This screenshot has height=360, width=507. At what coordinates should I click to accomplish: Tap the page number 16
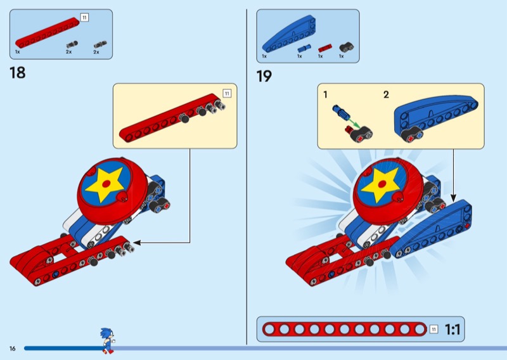pos(12,349)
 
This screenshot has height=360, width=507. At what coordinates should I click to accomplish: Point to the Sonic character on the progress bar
pos(106,340)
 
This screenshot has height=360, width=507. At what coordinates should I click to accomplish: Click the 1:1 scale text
pos(452,330)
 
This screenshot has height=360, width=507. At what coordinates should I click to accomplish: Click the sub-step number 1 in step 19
pos(325,95)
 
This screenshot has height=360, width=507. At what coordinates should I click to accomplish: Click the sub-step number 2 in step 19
pos(385,95)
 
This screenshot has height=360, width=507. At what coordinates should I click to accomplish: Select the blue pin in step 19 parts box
pos(304,48)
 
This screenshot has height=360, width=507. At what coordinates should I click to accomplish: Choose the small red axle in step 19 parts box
pos(324,48)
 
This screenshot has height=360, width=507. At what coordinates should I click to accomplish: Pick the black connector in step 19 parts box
pos(345,47)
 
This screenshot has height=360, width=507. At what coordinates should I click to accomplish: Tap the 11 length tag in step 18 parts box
pos(84,17)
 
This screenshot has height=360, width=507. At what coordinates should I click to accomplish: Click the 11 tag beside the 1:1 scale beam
pos(433,329)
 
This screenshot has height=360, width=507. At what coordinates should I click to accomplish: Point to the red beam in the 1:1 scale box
pos(343,330)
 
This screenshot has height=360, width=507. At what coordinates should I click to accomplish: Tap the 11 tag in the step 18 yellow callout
pos(227,93)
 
